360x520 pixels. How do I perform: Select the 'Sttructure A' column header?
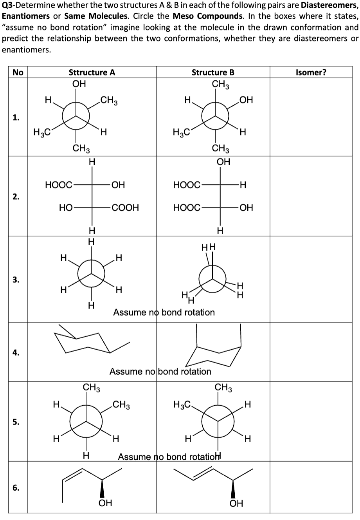[92, 72]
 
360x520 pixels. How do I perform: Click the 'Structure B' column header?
[213, 72]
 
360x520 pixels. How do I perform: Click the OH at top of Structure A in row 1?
[79, 84]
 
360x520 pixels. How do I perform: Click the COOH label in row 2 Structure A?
[125, 208]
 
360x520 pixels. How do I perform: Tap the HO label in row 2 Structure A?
[65, 208]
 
